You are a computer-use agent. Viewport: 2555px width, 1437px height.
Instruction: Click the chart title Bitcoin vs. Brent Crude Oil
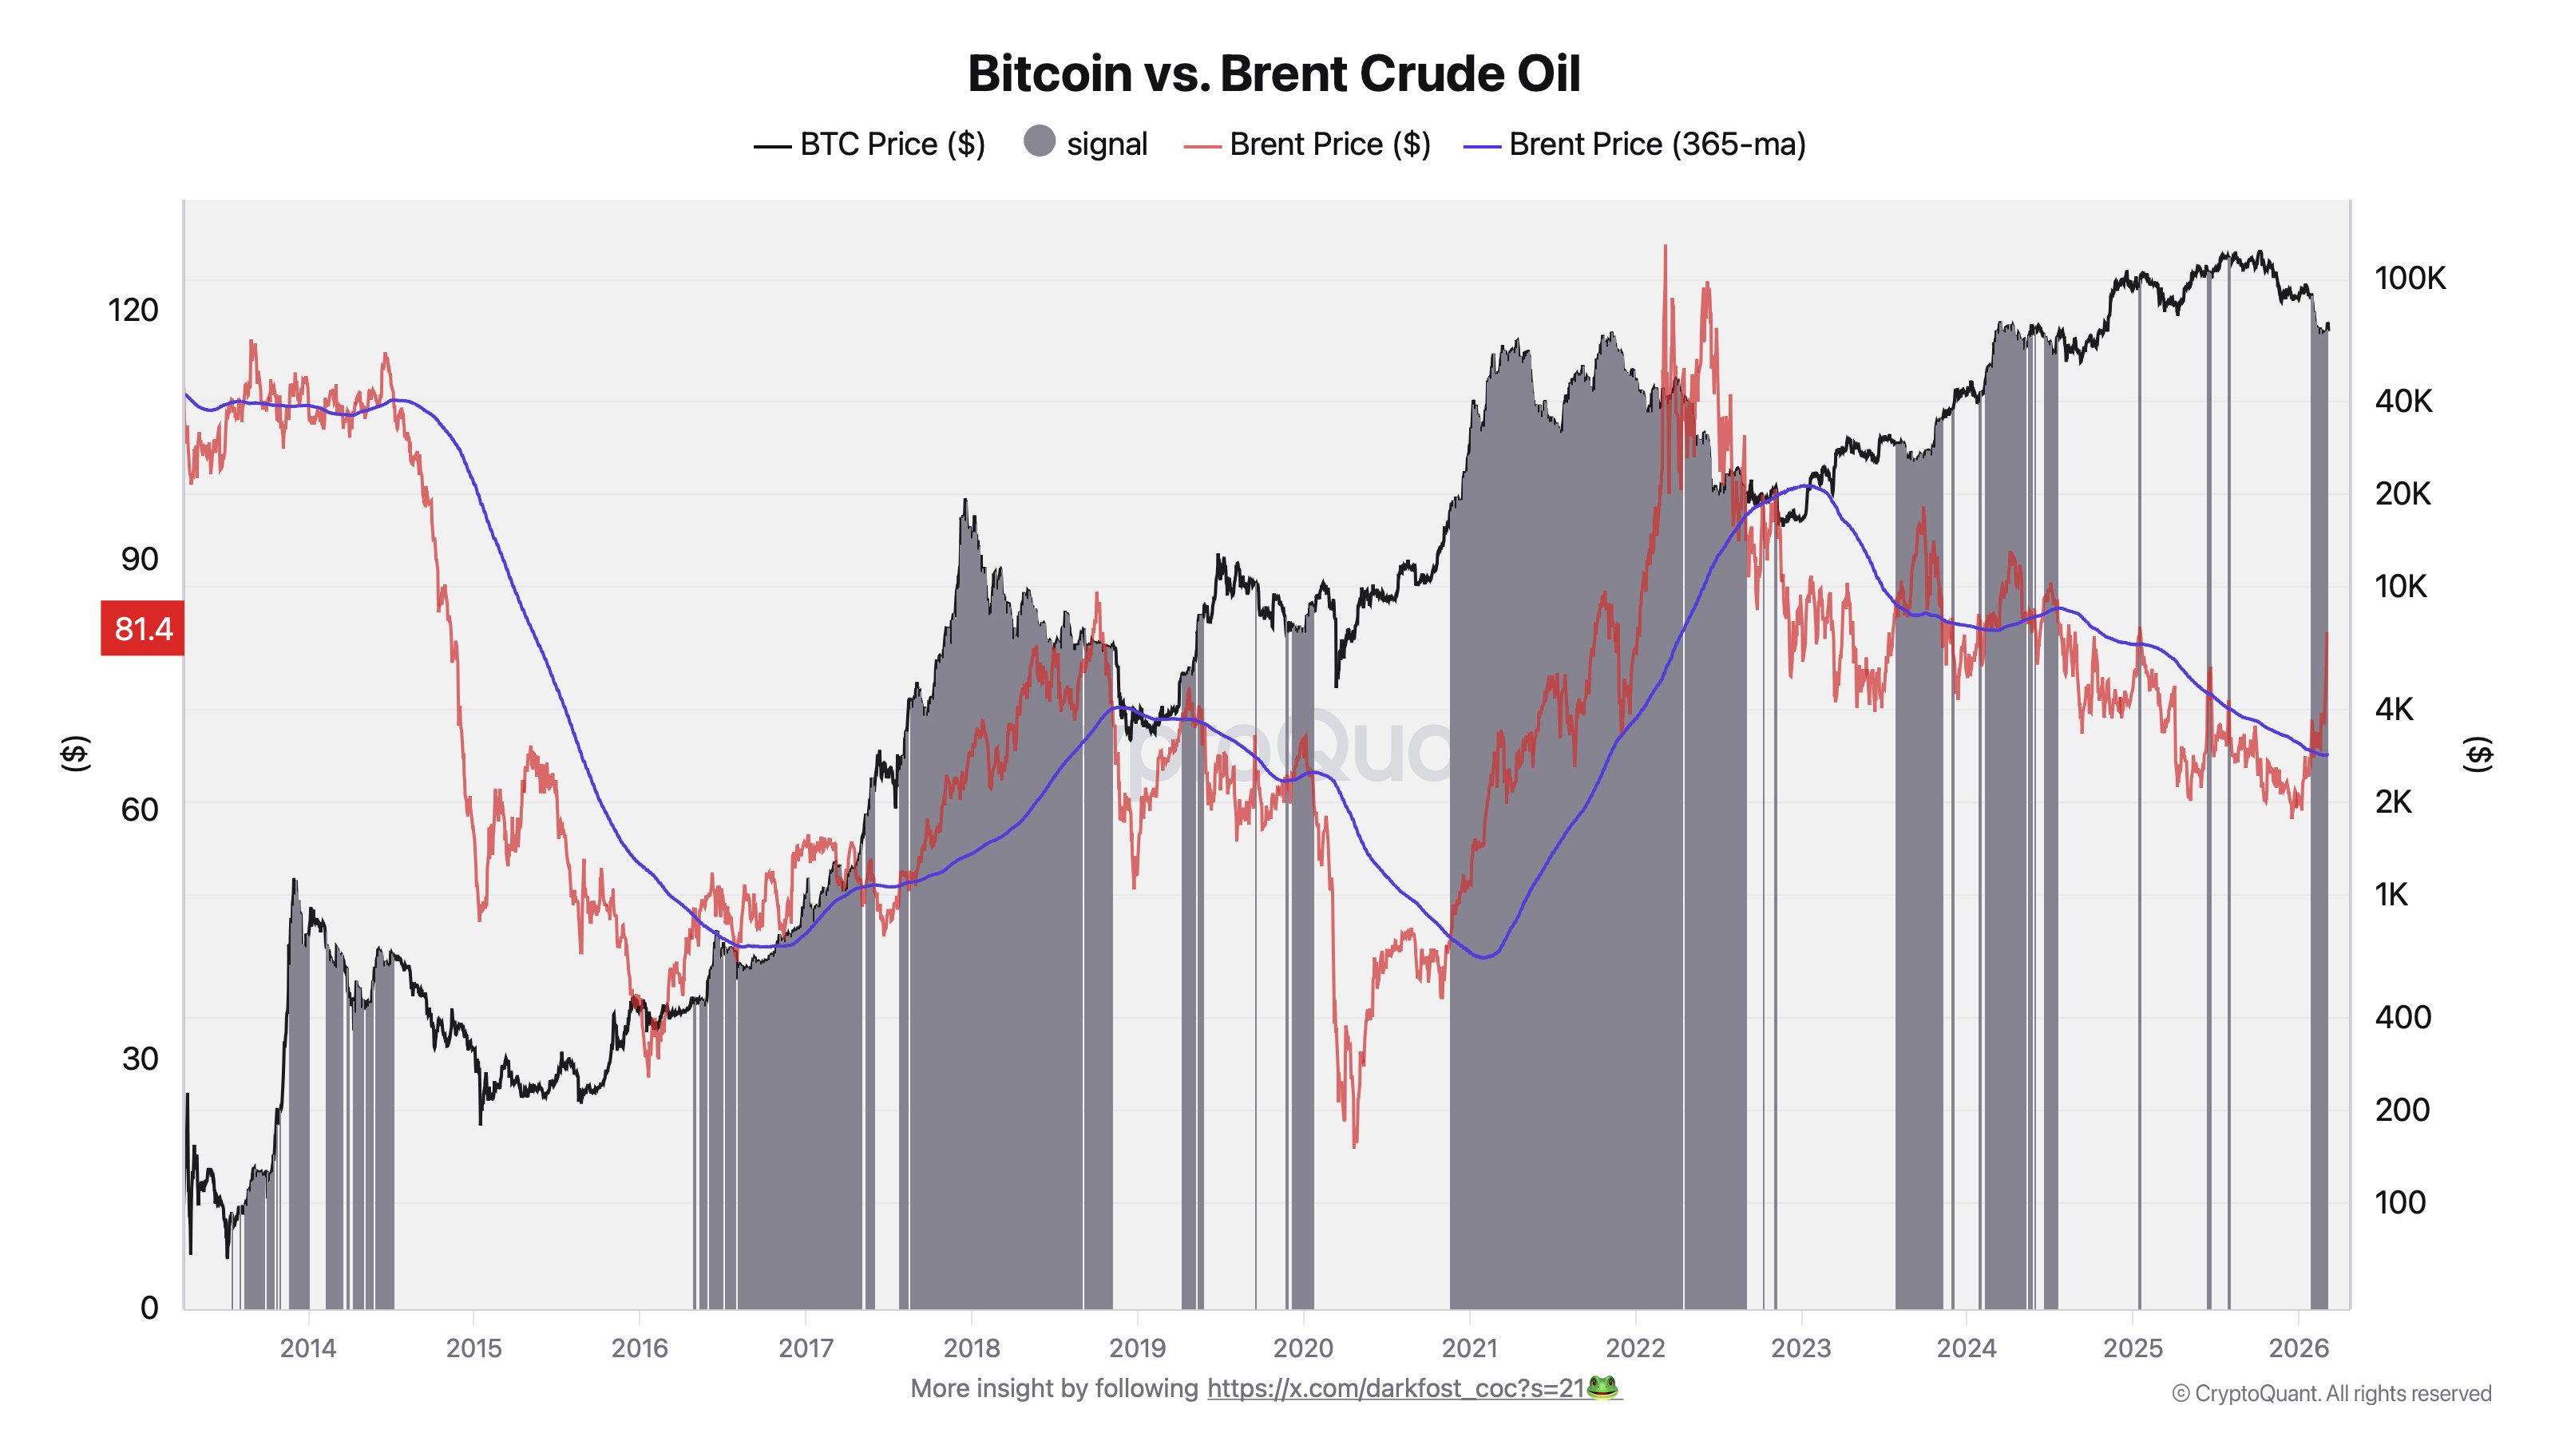coord(1274,73)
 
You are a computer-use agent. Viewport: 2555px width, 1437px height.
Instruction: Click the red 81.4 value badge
coord(143,629)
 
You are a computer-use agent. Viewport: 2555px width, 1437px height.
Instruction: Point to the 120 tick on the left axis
coord(133,310)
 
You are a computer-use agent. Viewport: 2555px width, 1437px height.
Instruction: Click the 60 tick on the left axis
coord(139,810)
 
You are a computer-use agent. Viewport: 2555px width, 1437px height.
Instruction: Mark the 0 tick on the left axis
coord(149,1307)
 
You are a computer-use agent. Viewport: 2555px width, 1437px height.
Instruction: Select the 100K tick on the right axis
coord(2409,279)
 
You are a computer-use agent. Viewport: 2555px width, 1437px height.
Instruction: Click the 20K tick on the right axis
coord(2401,494)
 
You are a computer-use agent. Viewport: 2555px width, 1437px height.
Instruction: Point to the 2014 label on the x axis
coord(307,1348)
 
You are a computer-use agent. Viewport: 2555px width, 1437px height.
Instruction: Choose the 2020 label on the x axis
coord(1302,1348)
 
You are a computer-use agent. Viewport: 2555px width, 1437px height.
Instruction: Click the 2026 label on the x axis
coord(2298,1348)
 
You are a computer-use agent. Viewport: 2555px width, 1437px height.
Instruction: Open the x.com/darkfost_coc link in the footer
coord(1395,1388)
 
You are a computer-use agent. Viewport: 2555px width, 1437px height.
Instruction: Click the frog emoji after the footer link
coord(1602,1388)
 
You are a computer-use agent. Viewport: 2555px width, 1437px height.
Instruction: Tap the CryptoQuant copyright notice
coord(2331,1393)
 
